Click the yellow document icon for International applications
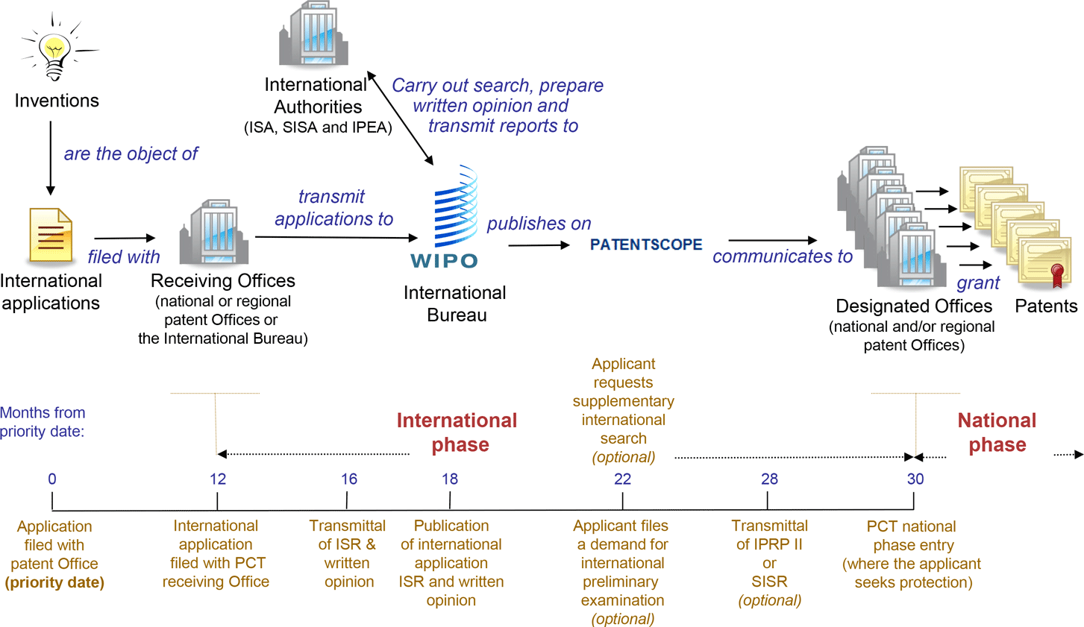pyautogui.click(x=51, y=236)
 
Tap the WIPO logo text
pyautogui.click(x=445, y=261)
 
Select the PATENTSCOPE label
pyautogui.click(x=646, y=245)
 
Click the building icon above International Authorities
pyautogui.click(x=314, y=35)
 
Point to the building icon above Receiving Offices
pyautogui.click(x=214, y=232)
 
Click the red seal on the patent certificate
pyautogui.click(x=1057, y=274)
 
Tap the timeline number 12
pyautogui.click(x=218, y=479)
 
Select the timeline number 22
pyautogui.click(x=623, y=479)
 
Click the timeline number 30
pyautogui.click(x=915, y=479)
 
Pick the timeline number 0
pyautogui.click(x=52, y=479)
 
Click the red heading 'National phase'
pyautogui.click(x=997, y=432)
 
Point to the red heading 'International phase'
pyautogui.click(x=457, y=432)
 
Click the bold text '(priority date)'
pyautogui.click(x=54, y=582)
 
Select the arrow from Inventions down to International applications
pyautogui.click(x=51, y=158)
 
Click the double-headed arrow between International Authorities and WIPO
pyautogui.click(x=402, y=119)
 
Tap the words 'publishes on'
pyautogui.click(x=539, y=224)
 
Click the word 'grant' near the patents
pyautogui.click(x=978, y=283)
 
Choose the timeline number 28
pyautogui.click(x=770, y=479)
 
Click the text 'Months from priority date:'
pyautogui.click(x=43, y=422)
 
